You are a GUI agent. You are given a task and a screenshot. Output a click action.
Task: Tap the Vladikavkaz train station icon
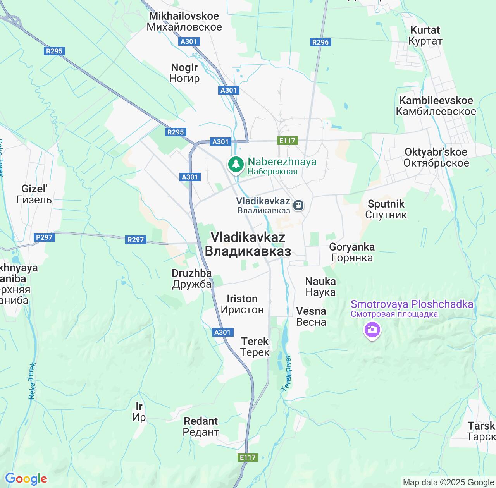298,205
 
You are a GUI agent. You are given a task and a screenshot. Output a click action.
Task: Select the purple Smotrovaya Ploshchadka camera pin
372,330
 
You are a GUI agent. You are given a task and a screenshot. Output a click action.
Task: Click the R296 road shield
320,42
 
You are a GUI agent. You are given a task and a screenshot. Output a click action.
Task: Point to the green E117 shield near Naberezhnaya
287,141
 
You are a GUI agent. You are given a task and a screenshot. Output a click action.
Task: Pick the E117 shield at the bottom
248,457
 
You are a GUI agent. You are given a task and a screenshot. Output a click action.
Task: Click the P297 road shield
44,237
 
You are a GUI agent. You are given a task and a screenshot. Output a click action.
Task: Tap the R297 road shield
136,240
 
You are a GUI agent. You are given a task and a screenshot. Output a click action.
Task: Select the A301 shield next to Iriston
222,332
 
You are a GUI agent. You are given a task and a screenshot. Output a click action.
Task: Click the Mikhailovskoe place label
184,21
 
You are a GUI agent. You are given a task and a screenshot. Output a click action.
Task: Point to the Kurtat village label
425,35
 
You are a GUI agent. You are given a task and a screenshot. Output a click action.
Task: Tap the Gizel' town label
34,194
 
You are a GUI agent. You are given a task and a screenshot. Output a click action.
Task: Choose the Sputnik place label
386,209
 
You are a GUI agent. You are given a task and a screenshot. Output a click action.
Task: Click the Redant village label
201,426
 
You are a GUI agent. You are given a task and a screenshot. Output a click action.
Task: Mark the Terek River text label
287,373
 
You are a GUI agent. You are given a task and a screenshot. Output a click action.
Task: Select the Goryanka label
352,252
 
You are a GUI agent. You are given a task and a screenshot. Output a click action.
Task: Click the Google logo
26,479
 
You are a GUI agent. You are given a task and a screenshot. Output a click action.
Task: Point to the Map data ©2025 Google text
448,483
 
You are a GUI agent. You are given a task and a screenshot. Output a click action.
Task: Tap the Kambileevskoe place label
436,106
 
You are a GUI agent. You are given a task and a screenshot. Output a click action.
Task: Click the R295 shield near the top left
54,51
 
